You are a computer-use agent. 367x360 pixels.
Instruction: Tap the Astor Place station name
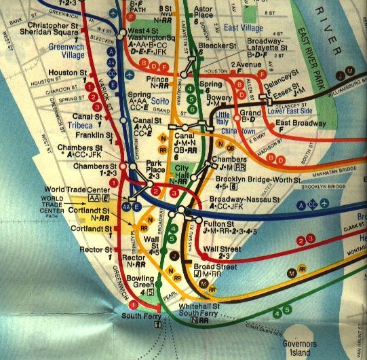[204, 10]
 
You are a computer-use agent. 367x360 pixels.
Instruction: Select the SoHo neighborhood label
[159, 101]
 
